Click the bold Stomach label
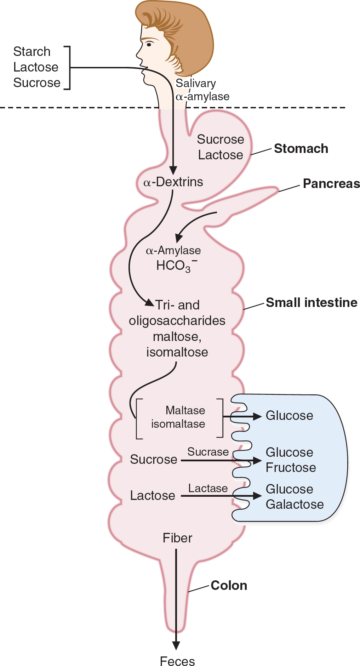point(301,149)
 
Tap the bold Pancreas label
point(331,183)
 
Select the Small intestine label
point(312,303)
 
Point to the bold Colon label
point(229,586)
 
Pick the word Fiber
point(177,538)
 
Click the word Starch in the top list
point(32,52)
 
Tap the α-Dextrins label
point(173,182)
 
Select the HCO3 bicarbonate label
point(176,266)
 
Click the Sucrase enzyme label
point(208,452)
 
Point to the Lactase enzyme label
point(208,488)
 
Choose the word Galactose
point(295,504)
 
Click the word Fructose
point(291,467)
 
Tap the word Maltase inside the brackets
point(185,410)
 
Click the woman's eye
point(149,45)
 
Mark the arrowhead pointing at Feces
point(176,645)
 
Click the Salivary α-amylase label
point(202,90)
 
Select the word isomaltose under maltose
point(177,352)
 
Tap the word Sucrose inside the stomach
point(220,140)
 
